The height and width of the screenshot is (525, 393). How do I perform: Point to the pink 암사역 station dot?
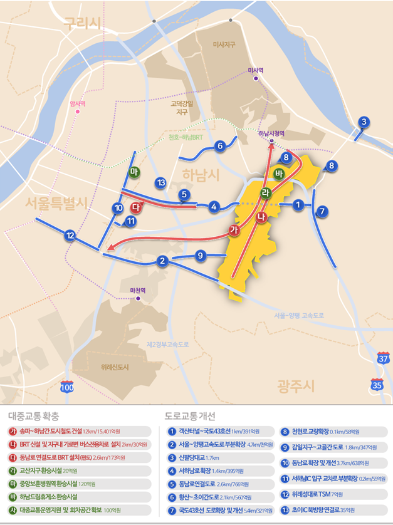[78, 112]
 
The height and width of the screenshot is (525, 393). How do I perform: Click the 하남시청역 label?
[271, 133]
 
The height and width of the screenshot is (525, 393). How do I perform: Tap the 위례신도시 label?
[114, 367]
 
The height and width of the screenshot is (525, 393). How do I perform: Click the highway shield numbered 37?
[382, 358]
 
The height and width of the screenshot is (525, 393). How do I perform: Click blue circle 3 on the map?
[364, 122]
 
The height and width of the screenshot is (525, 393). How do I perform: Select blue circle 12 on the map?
[70, 236]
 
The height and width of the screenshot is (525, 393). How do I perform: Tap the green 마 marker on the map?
[134, 172]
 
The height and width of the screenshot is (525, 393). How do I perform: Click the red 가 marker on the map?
[234, 231]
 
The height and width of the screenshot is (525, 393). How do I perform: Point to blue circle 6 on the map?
[219, 146]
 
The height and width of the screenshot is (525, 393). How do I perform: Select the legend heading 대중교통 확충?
[34, 415]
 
